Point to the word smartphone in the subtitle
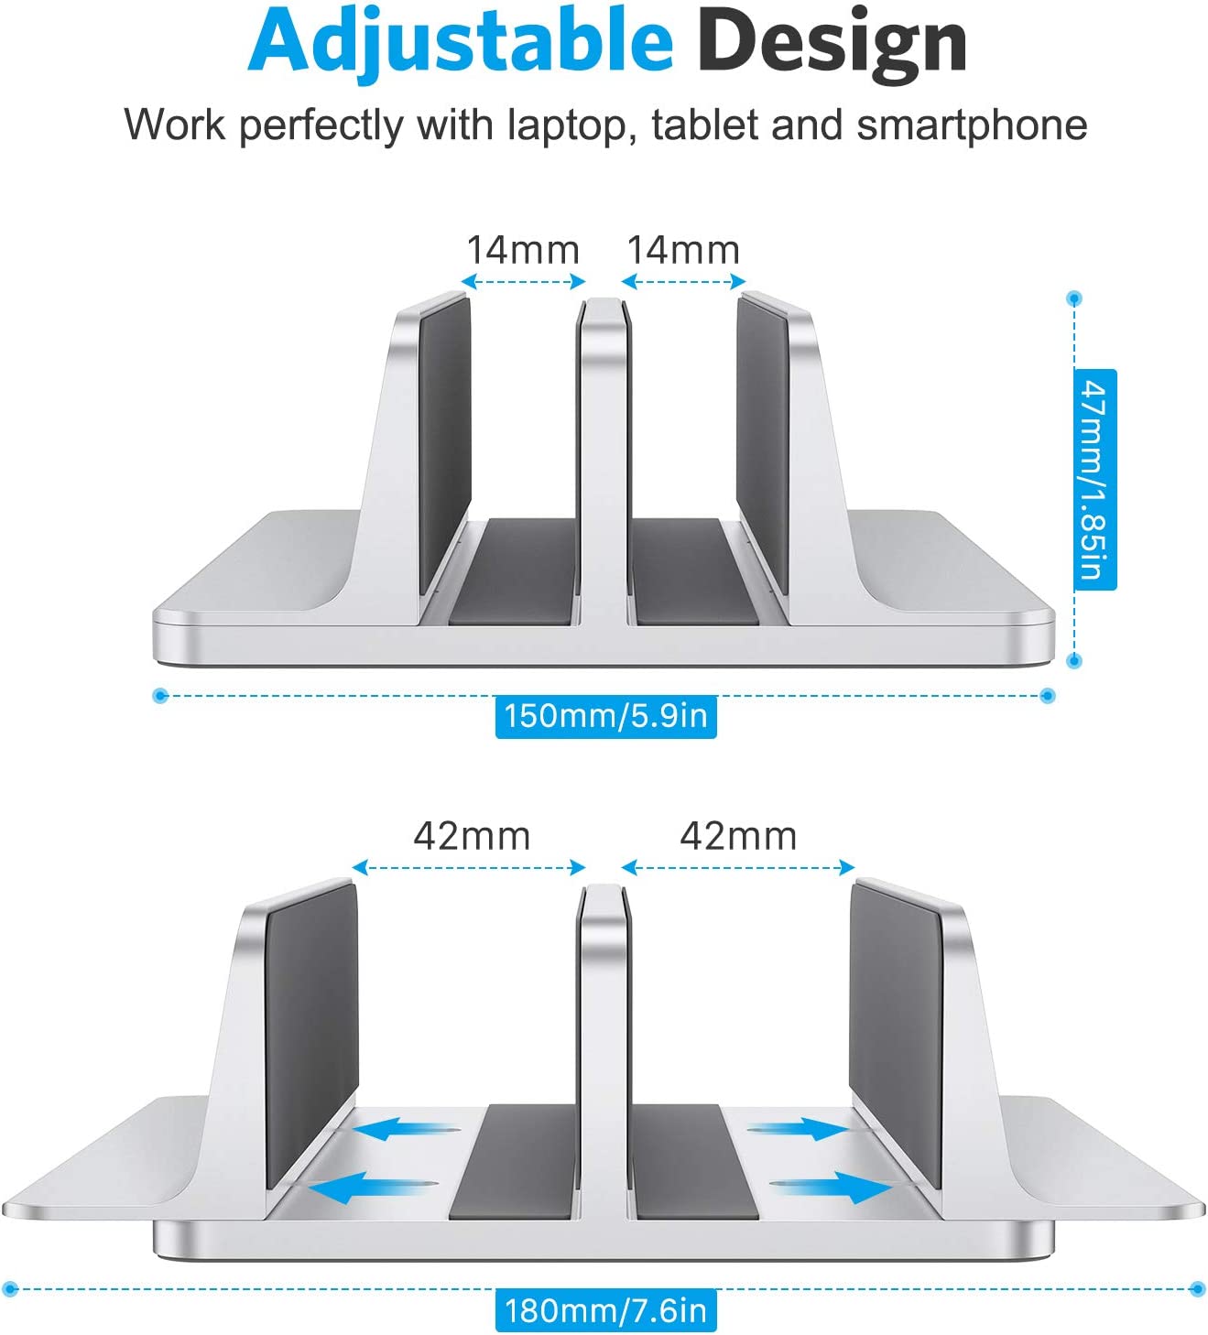972,125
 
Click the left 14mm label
523,250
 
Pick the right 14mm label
683,250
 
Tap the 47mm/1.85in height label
1094,479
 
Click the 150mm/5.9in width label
605,717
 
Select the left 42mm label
472,837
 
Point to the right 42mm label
738,837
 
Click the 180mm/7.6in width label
605,1310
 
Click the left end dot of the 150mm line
159,696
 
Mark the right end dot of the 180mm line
1197,1289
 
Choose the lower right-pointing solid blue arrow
831,1188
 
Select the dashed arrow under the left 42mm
469,867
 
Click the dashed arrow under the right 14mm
683,281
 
